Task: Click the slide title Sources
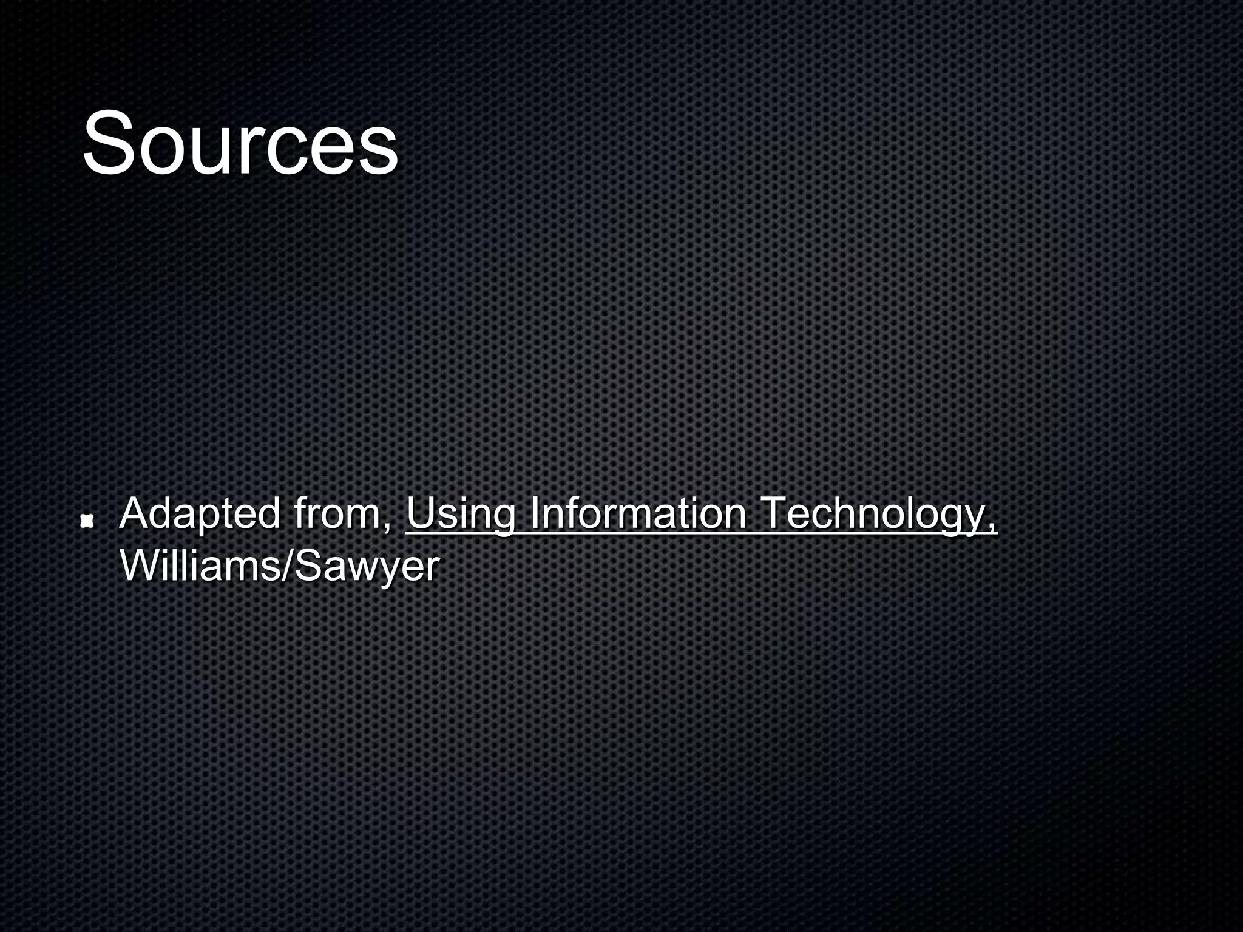(240, 143)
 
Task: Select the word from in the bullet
(340, 514)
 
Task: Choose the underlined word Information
(637, 514)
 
